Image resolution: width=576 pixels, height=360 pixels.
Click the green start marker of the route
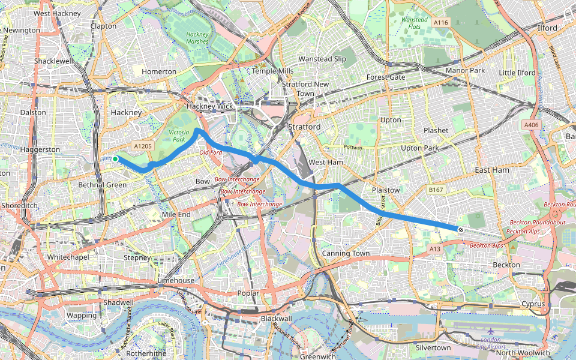[115, 158]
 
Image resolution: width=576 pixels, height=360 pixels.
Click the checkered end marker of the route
[460, 229]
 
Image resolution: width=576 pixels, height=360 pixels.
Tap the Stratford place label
[305, 127]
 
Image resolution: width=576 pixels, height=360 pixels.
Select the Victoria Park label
[179, 135]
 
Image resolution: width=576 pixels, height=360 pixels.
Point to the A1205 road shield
[143, 146]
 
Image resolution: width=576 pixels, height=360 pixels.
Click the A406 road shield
[531, 125]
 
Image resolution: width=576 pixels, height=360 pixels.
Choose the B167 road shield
[435, 190]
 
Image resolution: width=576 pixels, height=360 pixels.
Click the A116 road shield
[441, 23]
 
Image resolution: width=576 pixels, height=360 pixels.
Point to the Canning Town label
[346, 253]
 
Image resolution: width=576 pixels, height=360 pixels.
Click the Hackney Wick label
[209, 106]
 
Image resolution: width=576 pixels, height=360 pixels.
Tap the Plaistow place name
[386, 190]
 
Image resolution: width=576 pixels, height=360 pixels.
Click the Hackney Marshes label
[197, 38]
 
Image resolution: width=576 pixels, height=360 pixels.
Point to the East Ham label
[491, 170]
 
